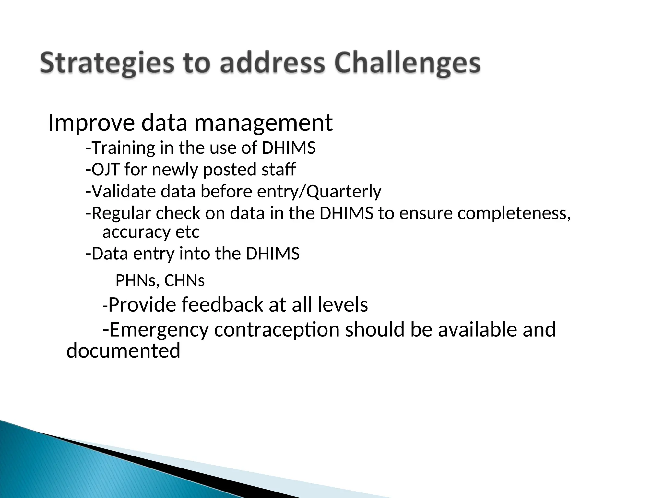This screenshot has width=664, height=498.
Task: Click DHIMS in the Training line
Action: (288, 148)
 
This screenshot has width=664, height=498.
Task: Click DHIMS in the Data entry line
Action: (272, 254)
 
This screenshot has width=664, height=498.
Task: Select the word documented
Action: (123, 351)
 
